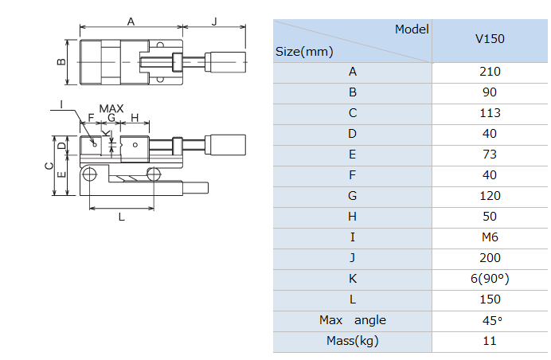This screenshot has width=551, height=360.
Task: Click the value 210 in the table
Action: pos(490,72)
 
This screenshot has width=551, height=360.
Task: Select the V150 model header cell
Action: pos(490,38)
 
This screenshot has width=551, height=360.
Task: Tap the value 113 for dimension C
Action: pos(490,113)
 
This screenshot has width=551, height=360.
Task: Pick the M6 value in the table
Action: pos(490,237)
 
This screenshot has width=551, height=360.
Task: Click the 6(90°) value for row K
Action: pos(490,279)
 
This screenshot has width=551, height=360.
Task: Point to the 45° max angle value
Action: pos(490,320)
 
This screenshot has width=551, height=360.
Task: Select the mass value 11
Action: pos(490,341)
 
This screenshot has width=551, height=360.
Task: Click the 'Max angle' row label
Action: pos(352,320)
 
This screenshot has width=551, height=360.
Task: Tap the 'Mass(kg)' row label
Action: pos(352,341)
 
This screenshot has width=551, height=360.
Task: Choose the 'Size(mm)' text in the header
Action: pos(304,52)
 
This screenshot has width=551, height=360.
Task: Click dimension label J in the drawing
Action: pos(214,22)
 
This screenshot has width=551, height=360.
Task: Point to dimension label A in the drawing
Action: pos(131,22)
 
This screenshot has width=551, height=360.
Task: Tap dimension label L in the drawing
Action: pos(121,216)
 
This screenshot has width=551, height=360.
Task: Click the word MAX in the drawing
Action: pos(111,108)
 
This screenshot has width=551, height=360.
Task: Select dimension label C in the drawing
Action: pos(49,166)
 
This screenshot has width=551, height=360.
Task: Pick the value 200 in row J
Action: pos(490,258)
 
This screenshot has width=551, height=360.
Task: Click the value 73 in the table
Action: pos(490,155)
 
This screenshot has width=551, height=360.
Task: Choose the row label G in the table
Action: pos(352,196)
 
